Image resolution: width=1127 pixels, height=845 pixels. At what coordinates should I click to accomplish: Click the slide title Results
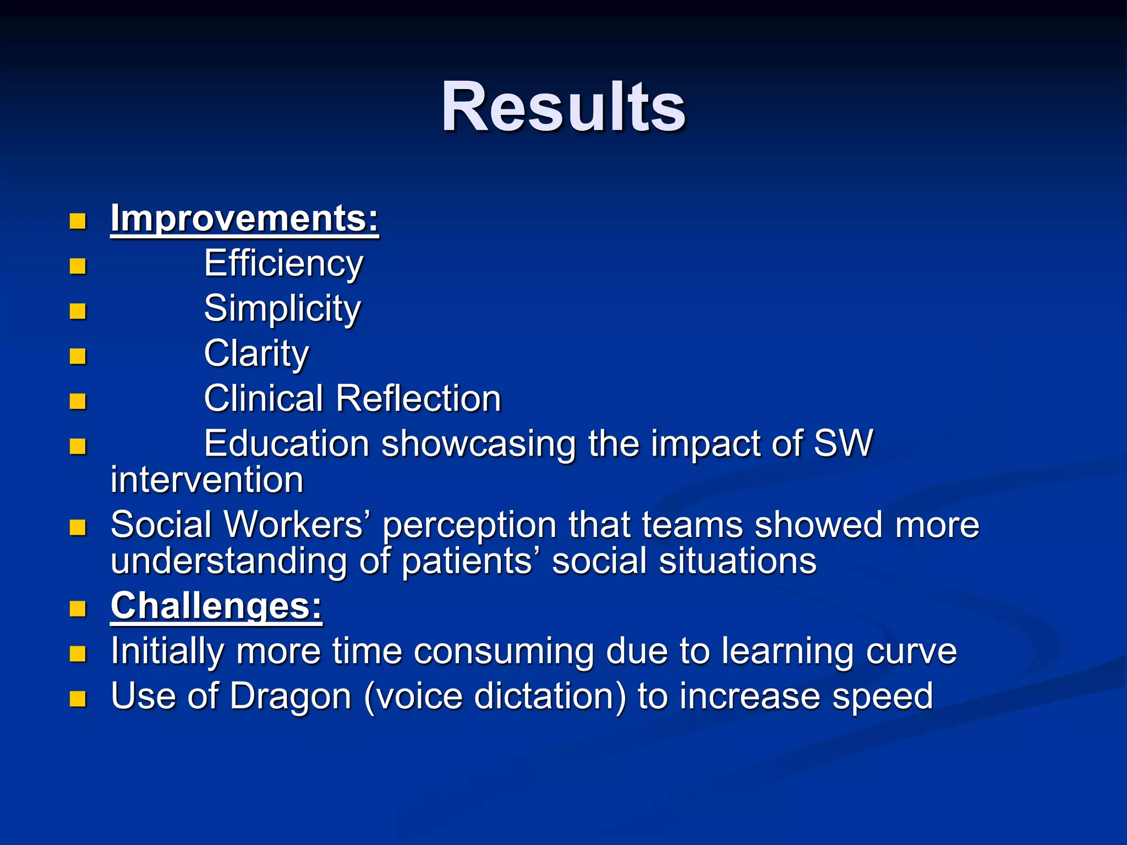[x=563, y=107]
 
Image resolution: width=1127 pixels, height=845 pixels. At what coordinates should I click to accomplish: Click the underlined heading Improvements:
[x=244, y=219]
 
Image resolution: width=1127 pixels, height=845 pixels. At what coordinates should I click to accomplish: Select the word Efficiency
[x=283, y=264]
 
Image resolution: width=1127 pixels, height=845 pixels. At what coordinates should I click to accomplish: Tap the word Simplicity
[x=282, y=309]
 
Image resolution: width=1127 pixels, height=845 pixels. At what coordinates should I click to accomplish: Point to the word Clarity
[x=256, y=354]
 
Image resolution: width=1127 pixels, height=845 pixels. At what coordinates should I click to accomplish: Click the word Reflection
[x=418, y=398]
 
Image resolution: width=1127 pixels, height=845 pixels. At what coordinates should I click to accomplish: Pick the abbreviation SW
[x=842, y=443]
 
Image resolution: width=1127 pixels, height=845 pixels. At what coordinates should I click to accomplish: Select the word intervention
[x=207, y=480]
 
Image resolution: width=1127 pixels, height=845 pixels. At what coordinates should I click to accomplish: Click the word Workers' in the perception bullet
[x=297, y=525]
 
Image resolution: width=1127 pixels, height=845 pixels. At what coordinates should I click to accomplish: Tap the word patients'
[x=467, y=562]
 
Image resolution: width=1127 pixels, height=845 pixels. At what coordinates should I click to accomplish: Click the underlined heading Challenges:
[x=216, y=606]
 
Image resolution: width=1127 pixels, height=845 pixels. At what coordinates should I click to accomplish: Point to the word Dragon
[x=290, y=696]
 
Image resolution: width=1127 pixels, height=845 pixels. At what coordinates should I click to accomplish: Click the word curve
[x=911, y=651]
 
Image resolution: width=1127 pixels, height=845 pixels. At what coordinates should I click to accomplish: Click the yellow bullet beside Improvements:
[x=78, y=222]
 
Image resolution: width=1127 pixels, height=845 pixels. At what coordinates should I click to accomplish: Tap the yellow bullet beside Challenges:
[x=78, y=609]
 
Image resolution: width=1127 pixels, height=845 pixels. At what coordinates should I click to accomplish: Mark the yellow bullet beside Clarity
[x=78, y=356]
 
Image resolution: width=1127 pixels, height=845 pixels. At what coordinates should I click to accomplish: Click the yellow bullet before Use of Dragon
[x=78, y=699]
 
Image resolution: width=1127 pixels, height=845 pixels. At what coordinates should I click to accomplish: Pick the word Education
[x=286, y=443]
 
